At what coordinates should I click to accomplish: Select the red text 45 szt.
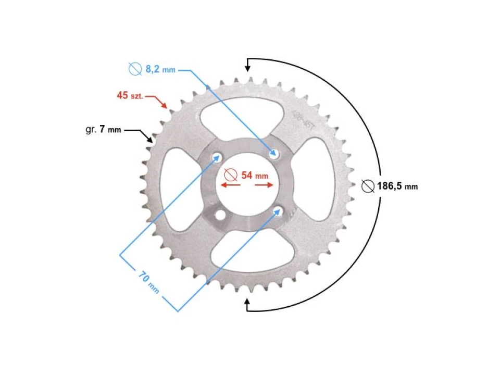(x=130, y=95)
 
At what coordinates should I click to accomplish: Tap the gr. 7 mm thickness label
(x=103, y=129)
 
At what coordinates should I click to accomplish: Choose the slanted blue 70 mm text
(x=149, y=281)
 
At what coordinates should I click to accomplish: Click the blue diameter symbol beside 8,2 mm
(x=135, y=69)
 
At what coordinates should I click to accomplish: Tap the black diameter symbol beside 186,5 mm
(x=368, y=186)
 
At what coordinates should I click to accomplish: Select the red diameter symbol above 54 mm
(x=231, y=174)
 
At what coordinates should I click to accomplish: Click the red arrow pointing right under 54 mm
(x=267, y=185)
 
